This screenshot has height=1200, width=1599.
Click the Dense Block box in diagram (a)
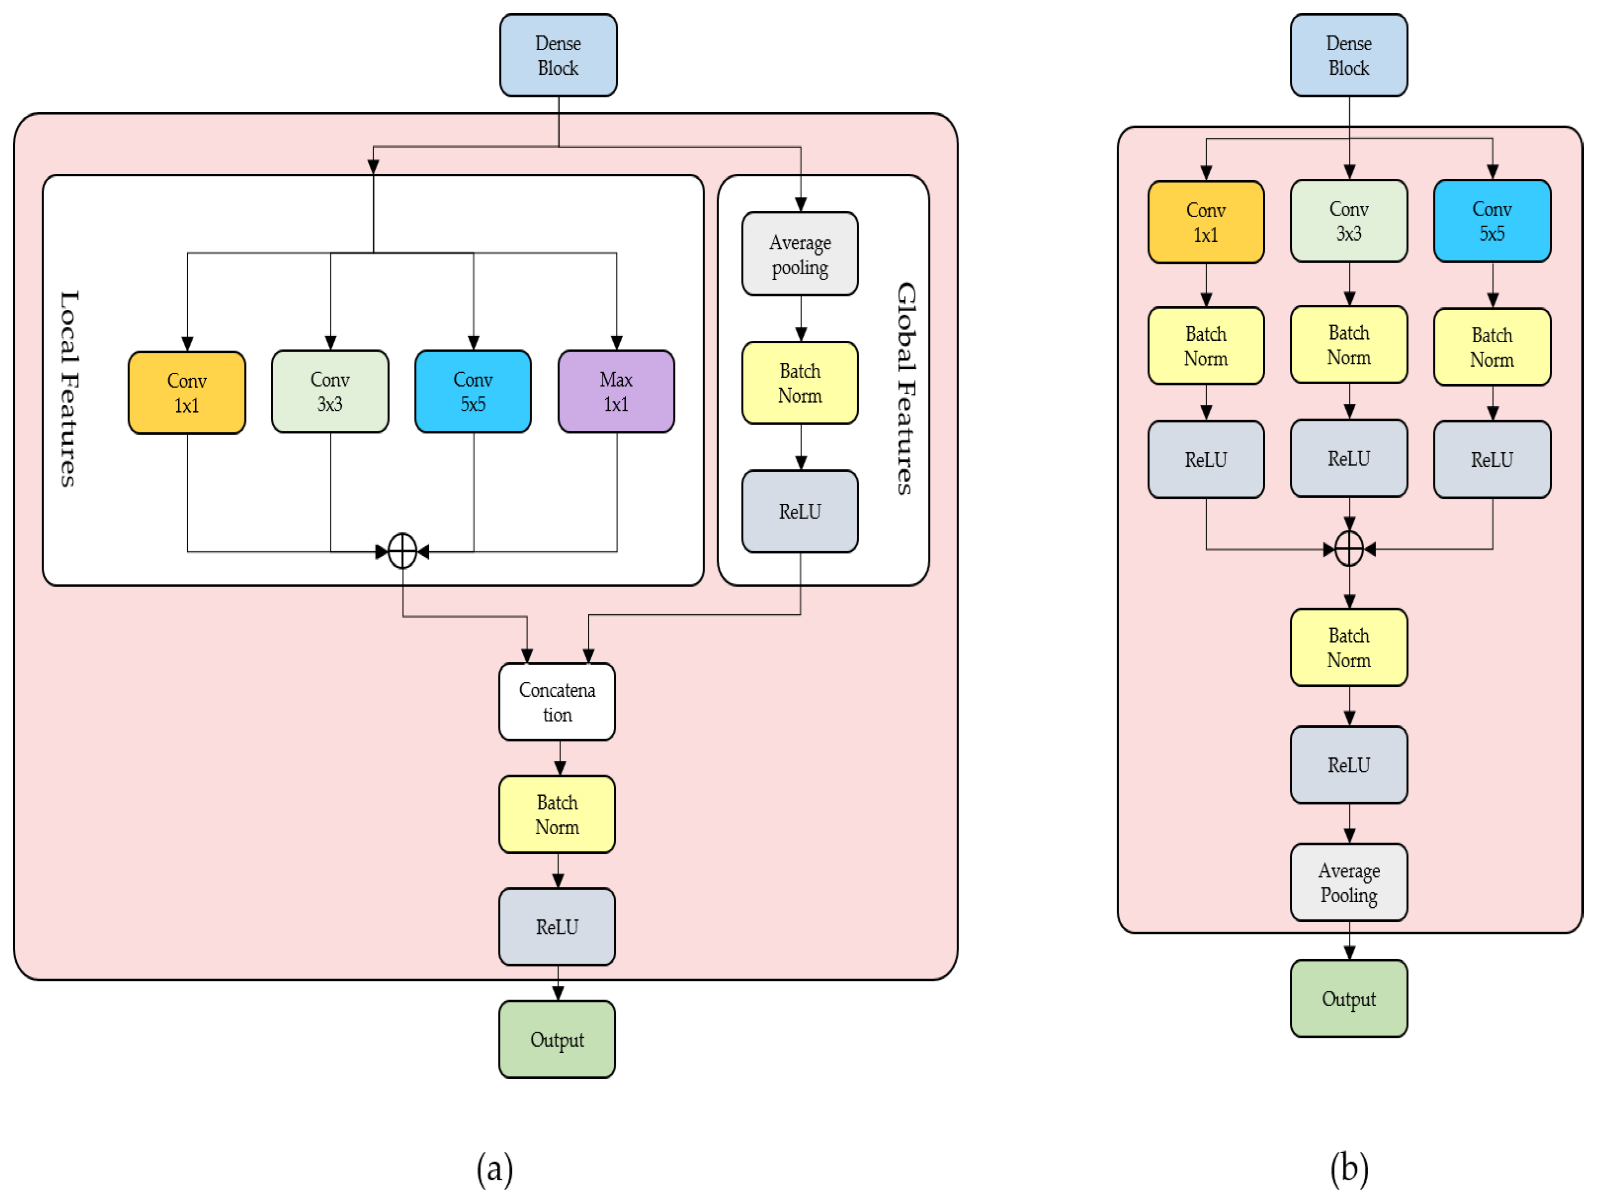pyautogui.click(x=558, y=56)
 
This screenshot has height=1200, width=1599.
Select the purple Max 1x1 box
pyautogui.click(x=616, y=392)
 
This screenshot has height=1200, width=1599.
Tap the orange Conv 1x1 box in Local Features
pyautogui.click(x=187, y=392)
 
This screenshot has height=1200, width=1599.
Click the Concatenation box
pyautogui.click(x=557, y=702)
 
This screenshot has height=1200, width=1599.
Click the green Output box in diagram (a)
pyautogui.click(x=557, y=1039)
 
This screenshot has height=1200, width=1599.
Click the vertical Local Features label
pyautogui.click(x=68, y=389)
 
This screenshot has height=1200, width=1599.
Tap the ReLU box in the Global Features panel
pyautogui.click(x=799, y=512)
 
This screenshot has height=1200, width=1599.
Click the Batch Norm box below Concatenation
pyautogui.click(x=557, y=815)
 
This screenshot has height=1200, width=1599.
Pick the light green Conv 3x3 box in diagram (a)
pyautogui.click(x=330, y=392)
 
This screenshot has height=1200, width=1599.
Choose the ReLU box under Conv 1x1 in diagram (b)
pyautogui.click(x=1205, y=460)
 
